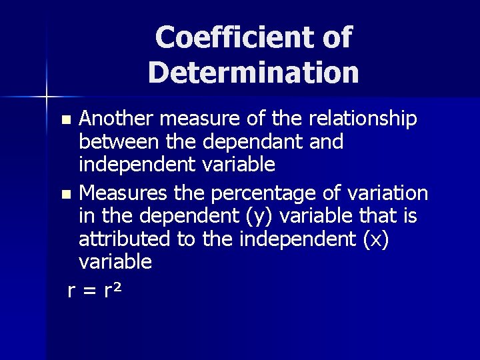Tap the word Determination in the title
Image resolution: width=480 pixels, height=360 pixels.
[x=253, y=71]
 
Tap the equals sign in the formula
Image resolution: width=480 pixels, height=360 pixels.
[x=88, y=291]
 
